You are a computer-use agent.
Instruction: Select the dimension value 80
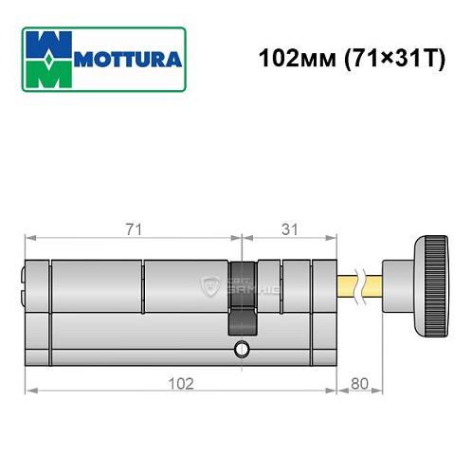coord(360,383)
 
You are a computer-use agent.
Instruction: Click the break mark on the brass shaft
coord(360,282)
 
